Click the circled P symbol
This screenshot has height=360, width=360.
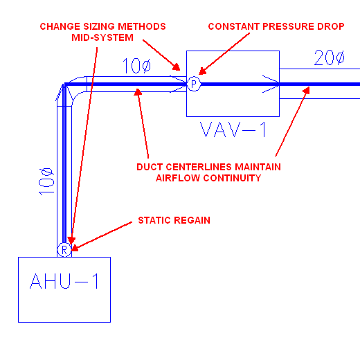pyautogui.click(x=194, y=84)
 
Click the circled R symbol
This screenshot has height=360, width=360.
pyautogui.click(x=64, y=250)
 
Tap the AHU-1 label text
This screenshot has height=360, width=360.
pyautogui.click(x=64, y=281)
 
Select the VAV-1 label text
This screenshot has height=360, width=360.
pyautogui.click(x=233, y=129)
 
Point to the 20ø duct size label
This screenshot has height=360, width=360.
pyautogui.click(x=330, y=57)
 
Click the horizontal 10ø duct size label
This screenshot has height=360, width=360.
pyautogui.click(x=137, y=66)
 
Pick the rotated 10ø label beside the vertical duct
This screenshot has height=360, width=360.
pyautogui.click(x=46, y=181)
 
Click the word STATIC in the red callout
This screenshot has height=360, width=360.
pyautogui.click(x=154, y=220)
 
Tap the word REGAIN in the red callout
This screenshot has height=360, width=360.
pyautogui.click(x=192, y=220)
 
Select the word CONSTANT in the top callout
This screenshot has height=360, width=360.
pyautogui.click(x=234, y=26)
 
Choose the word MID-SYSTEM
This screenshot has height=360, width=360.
pyautogui.click(x=102, y=37)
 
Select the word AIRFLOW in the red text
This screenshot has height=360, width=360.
pyautogui.click(x=178, y=178)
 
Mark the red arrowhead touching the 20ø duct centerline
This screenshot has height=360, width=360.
pyautogui.click(x=306, y=90)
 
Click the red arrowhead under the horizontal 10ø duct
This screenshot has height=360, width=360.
pyautogui.click(x=138, y=92)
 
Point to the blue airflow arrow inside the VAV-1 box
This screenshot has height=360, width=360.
pyautogui.click(x=271, y=84)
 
